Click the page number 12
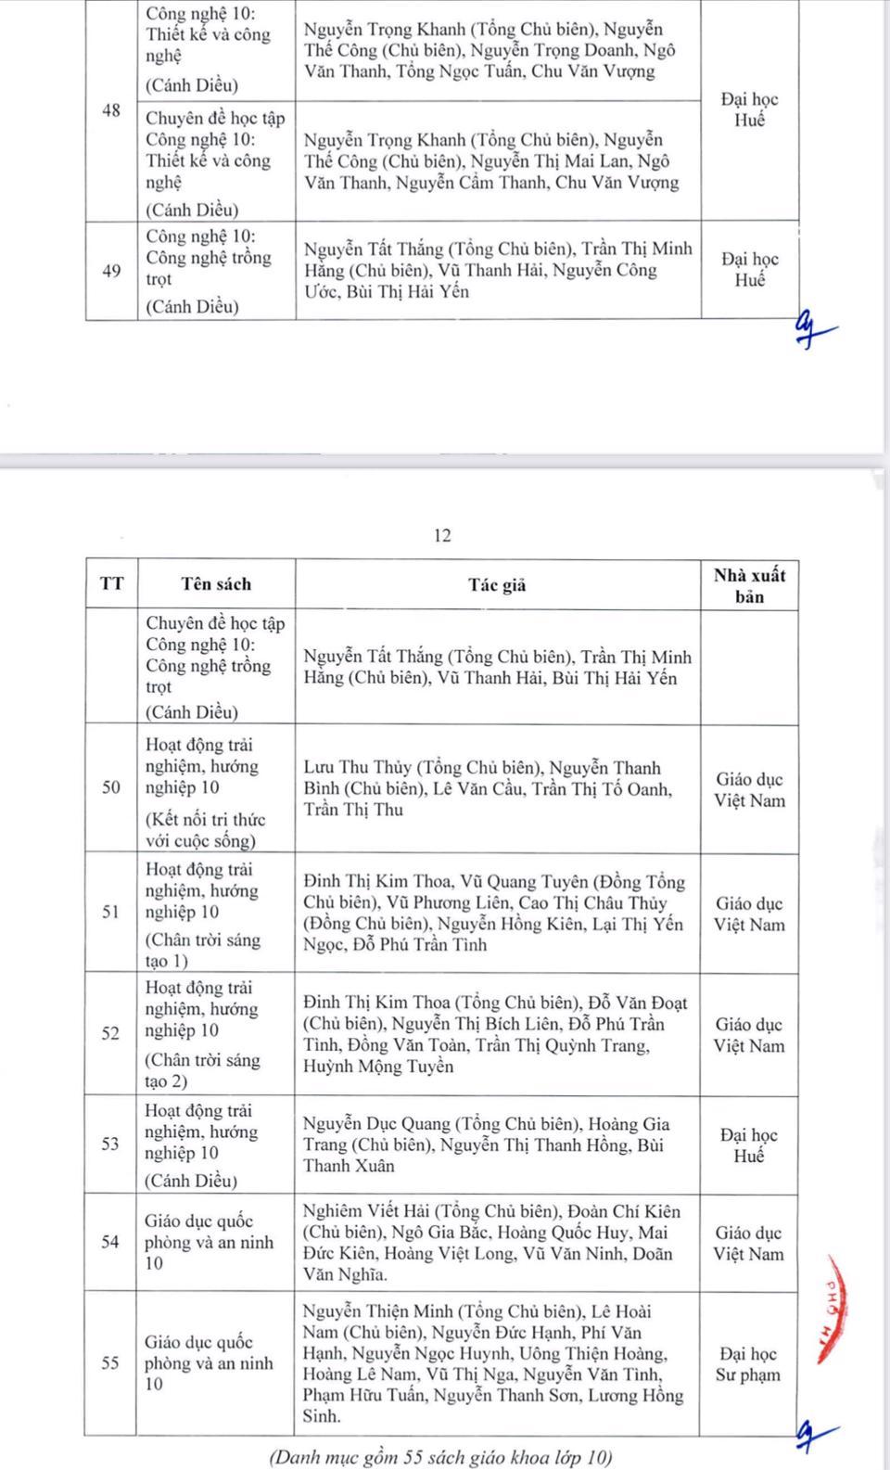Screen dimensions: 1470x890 pyautogui.click(x=442, y=535)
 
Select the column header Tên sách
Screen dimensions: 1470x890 pyautogui.click(x=216, y=584)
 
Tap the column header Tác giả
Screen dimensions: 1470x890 pyautogui.click(x=497, y=584)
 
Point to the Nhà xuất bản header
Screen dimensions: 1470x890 pyautogui.click(x=749, y=585)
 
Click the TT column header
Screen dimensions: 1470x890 pyautogui.click(x=111, y=584)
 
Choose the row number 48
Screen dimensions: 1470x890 pyautogui.click(x=111, y=110)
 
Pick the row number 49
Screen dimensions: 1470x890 pyautogui.click(x=111, y=271)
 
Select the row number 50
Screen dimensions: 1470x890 pyautogui.click(x=111, y=787)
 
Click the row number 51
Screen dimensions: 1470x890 pyautogui.click(x=111, y=912)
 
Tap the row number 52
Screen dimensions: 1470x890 pyautogui.click(x=111, y=1033)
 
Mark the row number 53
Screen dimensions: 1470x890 pyautogui.click(x=111, y=1144)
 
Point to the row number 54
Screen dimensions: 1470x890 pyautogui.click(x=111, y=1242)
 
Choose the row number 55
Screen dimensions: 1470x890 pyautogui.click(x=111, y=1363)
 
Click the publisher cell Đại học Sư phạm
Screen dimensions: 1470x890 pyautogui.click(x=748, y=1364)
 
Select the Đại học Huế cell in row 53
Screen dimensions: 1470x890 pyautogui.click(x=748, y=1145)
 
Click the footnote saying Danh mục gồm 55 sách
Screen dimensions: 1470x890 pyautogui.click(x=441, y=1457)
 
